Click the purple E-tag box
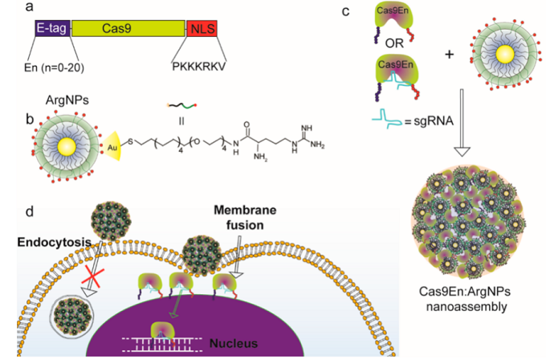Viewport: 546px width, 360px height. [52, 28]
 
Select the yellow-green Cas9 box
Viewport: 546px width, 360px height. [128, 28]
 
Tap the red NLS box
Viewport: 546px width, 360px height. [202, 28]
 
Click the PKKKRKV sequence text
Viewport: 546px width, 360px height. [199, 66]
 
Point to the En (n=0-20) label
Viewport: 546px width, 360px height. [54, 67]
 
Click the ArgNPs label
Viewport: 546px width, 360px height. [67, 100]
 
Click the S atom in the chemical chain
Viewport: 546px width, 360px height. [131, 142]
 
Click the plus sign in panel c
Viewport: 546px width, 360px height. [450, 55]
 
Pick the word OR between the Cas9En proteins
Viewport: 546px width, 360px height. [394, 43]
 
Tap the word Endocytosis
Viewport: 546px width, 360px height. [54, 242]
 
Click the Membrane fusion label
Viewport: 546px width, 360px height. [245, 218]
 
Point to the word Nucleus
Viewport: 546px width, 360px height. [234, 343]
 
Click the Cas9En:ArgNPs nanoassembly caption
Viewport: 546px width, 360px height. [465, 299]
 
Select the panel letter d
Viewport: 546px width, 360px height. [30, 211]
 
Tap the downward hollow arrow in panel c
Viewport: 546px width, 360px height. [462, 123]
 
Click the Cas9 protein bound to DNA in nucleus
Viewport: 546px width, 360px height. [162, 330]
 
